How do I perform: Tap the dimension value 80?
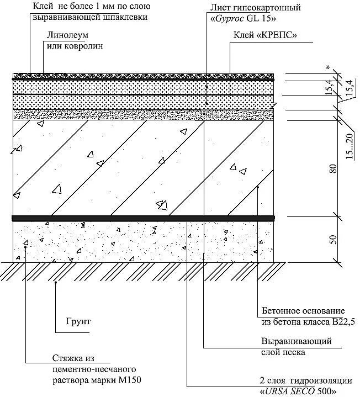pos(332,168)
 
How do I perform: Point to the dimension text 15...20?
pos(348,147)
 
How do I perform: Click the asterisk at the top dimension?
pos(328,68)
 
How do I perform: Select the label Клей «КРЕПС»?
pos(263,35)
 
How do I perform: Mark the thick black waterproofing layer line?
pos(144,218)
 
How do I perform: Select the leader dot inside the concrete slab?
pos(258,187)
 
